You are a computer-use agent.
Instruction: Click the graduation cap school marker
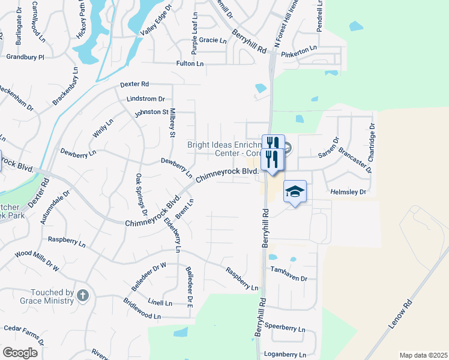click(x=295, y=191)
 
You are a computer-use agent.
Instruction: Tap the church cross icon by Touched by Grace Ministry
click(x=83, y=295)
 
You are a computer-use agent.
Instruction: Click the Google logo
click(x=19, y=352)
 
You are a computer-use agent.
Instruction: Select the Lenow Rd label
click(x=402, y=314)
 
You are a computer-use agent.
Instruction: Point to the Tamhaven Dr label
click(x=289, y=279)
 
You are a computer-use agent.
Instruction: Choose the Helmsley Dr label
click(x=348, y=192)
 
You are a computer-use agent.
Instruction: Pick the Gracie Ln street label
click(x=213, y=41)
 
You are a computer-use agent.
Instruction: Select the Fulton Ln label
click(x=190, y=63)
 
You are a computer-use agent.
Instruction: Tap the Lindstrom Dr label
click(x=145, y=98)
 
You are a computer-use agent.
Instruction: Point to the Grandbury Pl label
click(x=25, y=57)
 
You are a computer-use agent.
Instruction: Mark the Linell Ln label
click(x=160, y=303)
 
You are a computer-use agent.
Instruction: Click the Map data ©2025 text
click(x=423, y=355)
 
